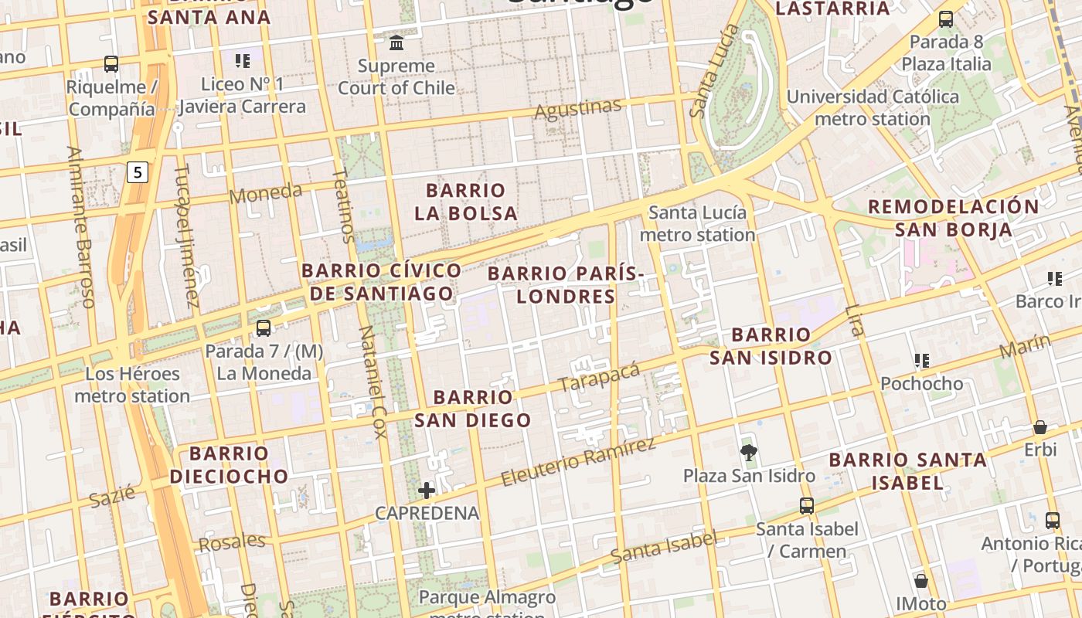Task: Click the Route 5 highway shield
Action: [x=138, y=172]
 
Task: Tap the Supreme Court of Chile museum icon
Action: [x=396, y=42]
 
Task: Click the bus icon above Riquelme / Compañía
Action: [x=111, y=63]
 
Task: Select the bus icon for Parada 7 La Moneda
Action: [x=263, y=328]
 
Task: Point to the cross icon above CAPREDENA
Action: [x=427, y=490]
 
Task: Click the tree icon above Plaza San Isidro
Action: [x=748, y=452]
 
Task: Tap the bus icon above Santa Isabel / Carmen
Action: [x=807, y=506]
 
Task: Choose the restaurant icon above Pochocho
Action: [x=921, y=360]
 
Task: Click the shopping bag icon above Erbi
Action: [x=1040, y=427]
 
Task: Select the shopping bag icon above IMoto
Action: [x=920, y=580]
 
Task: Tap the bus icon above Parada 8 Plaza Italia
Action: [x=945, y=19]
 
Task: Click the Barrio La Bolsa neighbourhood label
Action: [x=466, y=202]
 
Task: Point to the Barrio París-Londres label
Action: [x=566, y=285]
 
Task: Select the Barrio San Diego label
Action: [x=473, y=409]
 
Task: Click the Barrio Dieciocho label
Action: [x=229, y=464]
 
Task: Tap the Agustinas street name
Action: [x=578, y=110]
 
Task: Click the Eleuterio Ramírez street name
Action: [x=578, y=462]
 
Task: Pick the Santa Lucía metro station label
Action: [x=698, y=223]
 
